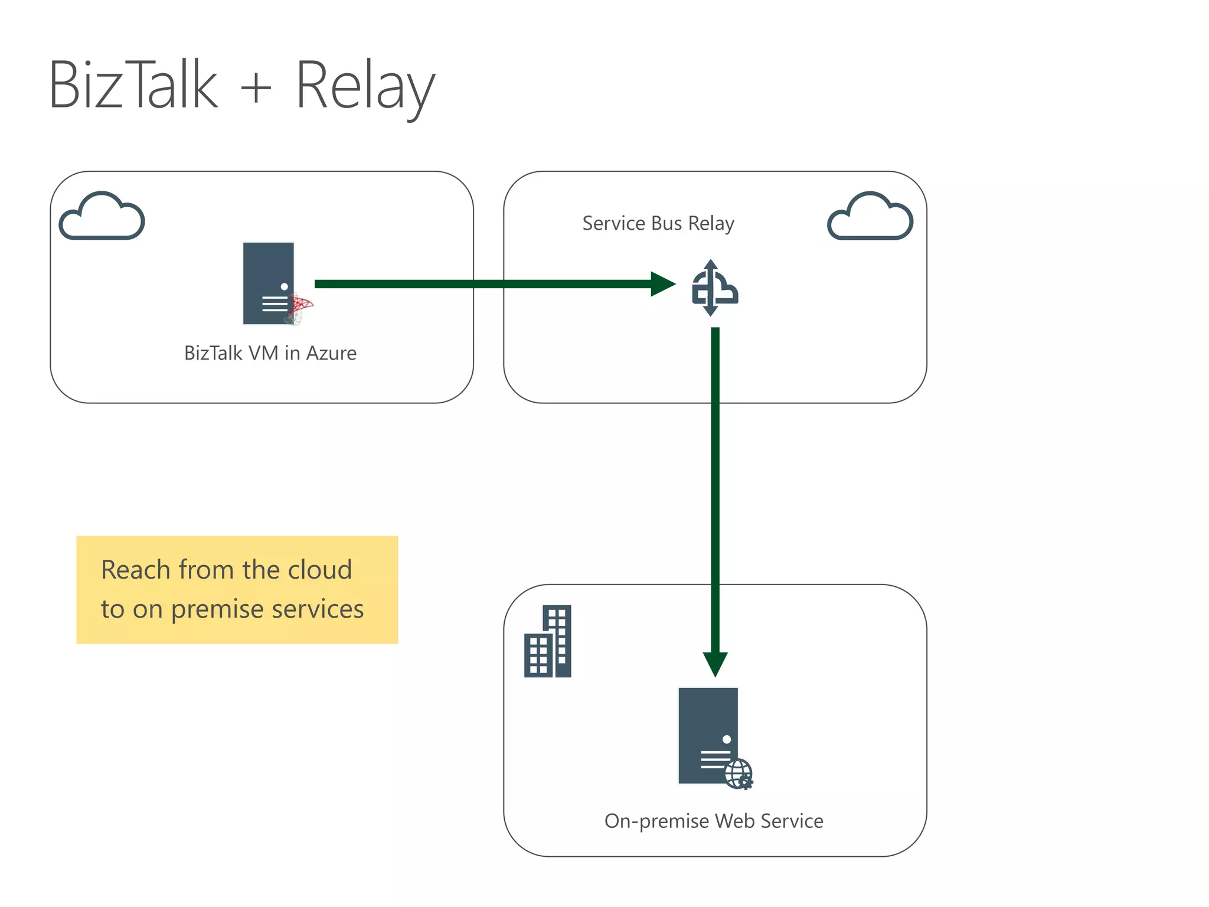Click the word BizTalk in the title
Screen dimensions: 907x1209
(x=133, y=86)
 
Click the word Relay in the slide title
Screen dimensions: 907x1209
(x=364, y=87)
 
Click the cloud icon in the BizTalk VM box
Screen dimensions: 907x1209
(x=102, y=216)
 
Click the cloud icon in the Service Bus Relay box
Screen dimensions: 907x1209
(x=870, y=216)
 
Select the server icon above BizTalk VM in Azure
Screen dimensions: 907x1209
(x=269, y=283)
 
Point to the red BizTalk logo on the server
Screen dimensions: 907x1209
(x=300, y=308)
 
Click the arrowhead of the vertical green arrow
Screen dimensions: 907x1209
(x=715, y=664)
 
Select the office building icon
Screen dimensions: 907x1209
(x=547, y=641)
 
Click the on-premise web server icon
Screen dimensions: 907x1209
(x=708, y=735)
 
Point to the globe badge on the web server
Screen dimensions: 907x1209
(x=739, y=774)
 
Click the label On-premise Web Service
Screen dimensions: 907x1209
(x=713, y=821)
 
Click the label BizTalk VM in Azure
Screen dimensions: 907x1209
(x=270, y=353)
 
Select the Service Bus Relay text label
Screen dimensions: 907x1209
(x=658, y=223)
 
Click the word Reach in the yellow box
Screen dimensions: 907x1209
(x=135, y=570)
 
